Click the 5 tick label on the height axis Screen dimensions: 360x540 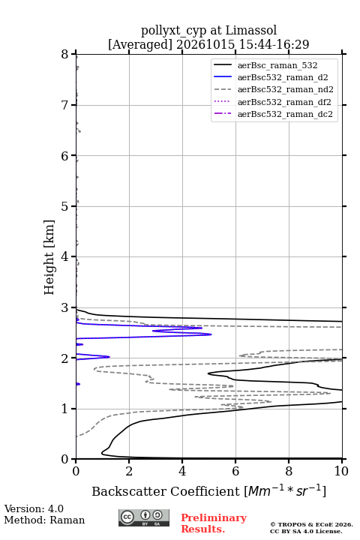pyautogui.click(x=64, y=206)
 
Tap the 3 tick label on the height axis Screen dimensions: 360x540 pyautogui.click(x=64, y=307)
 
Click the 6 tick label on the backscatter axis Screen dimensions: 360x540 pyautogui.click(x=235, y=471)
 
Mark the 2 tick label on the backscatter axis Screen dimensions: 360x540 pyautogui.click(x=129, y=471)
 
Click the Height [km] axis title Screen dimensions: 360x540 pyautogui.click(x=49, y=257)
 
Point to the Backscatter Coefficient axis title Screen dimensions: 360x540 pyautogui.click(x=208, y=491)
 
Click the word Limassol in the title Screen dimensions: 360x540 pyautogui.click(x=251, y=30)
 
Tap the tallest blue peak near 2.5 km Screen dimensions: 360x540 pyautogui.click(x=211, y=334)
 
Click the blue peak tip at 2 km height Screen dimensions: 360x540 pyautogui.click(x=109, y=357)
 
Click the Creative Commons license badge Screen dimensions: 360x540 pyautogui.click(x=144, y=517)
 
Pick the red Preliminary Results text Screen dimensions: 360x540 pyautogui.click(x=214, y=523)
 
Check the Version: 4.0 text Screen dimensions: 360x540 pyautogui.click(x=34, y=508)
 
